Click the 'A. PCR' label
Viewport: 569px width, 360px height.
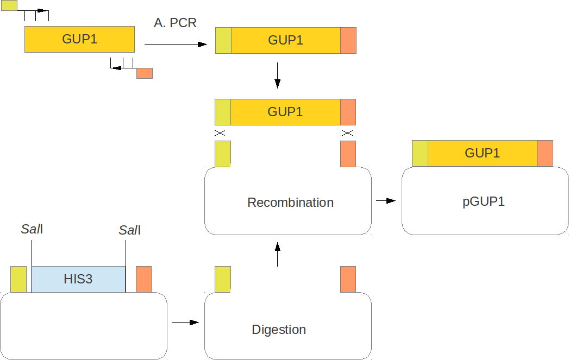(x=175, y=23)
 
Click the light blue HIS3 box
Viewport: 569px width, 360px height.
(x=78, y=279)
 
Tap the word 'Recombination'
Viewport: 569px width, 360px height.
(x=290, y=203)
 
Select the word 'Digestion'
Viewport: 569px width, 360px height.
(x=279, y=330)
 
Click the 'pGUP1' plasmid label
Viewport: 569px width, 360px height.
(x=484, y=201)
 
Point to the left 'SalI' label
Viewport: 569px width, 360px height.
(x=32, y=229)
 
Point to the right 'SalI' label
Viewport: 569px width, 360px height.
(x=130, y=231)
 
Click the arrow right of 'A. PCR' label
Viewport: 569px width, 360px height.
(x=176, y=44)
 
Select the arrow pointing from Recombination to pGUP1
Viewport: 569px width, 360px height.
(x=386, y=201)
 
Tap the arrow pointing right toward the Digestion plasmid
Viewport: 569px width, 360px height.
(x=185, y=323)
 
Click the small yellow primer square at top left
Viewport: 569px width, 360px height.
(x=9, y=5)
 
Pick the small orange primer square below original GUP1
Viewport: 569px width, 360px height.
(x=145, y=73)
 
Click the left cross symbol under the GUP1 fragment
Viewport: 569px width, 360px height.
(x=220, y=133)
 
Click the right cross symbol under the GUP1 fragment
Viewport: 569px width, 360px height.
(x=347, y=133)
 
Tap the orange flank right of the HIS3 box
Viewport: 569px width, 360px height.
(x=143, y=279)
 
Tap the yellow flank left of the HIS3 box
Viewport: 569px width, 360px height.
(x=18, y=279)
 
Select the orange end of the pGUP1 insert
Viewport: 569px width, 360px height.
(x=545, y=153)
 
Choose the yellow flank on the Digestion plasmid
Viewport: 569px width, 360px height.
(x=223, y=279)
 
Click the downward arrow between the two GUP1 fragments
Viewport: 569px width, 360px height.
(x=277, y=75)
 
